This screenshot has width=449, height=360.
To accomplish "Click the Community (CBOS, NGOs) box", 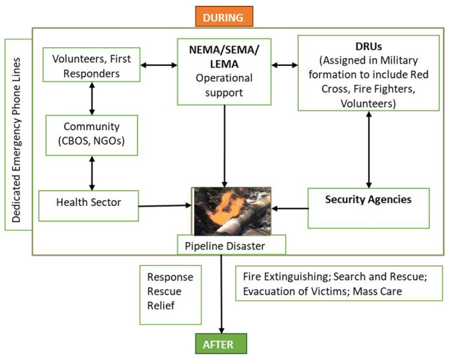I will click(92, 134).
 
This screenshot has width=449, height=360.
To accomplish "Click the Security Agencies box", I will click(369, 207).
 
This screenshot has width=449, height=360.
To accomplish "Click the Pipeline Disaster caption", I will click(222, 245).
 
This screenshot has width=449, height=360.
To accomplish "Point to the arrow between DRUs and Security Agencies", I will click(369, 148).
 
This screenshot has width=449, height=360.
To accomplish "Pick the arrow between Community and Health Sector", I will click(92, 172).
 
